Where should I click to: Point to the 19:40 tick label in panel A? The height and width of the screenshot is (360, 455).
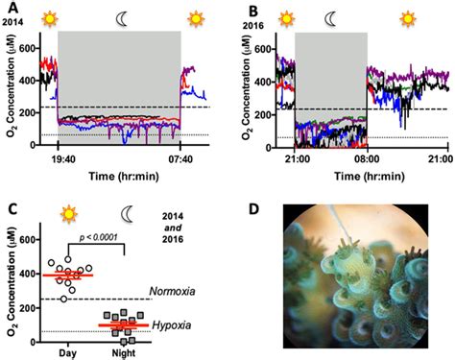click(59, 159)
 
